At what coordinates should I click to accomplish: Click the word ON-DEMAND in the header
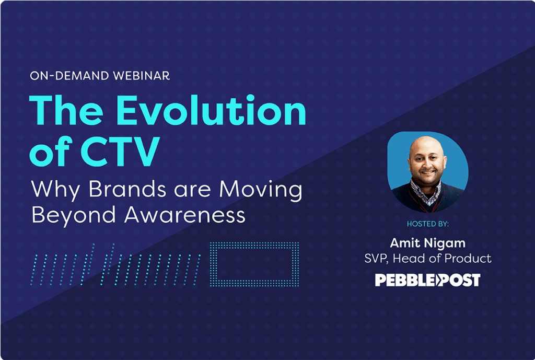(69, 76)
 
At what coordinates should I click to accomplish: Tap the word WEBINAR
(141, 76)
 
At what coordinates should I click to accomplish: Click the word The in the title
(66, 110)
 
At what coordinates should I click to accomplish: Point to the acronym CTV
(120, 151)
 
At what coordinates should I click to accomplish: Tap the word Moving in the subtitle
(261, 190)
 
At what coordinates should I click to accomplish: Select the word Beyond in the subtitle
(73, 215)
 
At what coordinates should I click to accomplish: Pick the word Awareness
(184, 215)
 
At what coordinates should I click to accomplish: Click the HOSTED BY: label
(428, 224)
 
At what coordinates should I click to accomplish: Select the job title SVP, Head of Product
(428, 258)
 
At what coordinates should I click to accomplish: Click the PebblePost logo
(428, 280)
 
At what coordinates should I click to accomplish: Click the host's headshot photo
(428, 171)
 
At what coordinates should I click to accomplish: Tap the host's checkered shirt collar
(426, 192)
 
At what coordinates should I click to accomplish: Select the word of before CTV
(51, 151)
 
